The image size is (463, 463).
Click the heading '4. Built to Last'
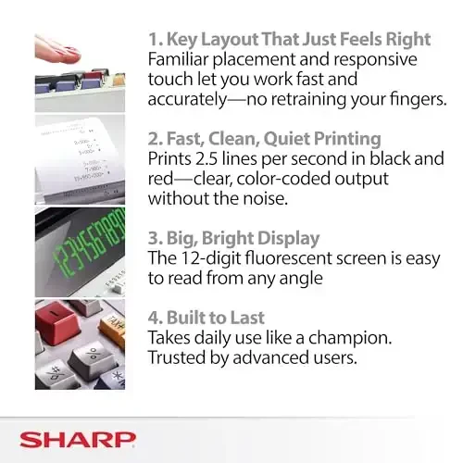(208, 318)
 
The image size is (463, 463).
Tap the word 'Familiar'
(181, 59)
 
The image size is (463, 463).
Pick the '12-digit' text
(211, 258)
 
